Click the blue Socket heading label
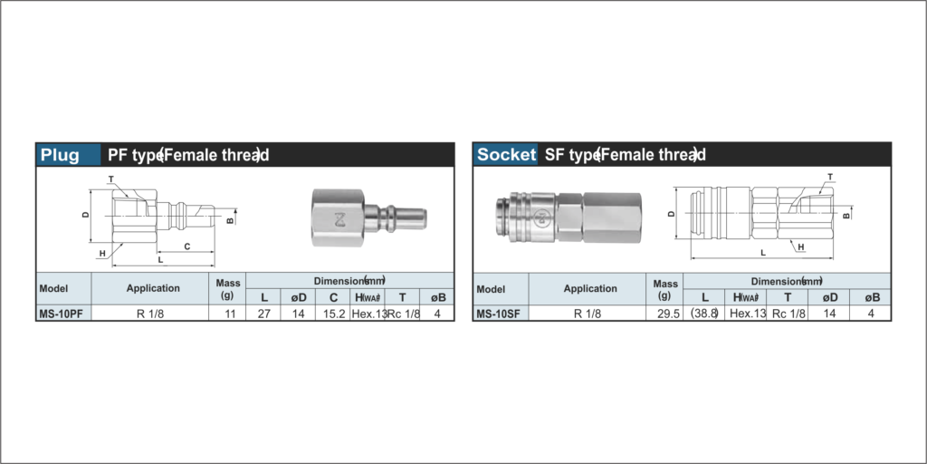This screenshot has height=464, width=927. pyautogui.click(x=506, y=155)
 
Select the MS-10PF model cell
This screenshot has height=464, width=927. pyautogui.click(x=62, y=314)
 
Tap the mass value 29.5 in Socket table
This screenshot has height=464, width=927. pyautogui.click(x=665, y=314)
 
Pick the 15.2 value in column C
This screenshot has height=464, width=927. pyautogui.click(x=333, y=314)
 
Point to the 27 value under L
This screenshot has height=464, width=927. pyautogui.click(x=264, y=314)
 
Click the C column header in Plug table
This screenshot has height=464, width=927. pyautogui.click(x=333, y=297)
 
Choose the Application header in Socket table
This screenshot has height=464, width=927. pyautogui.click(x=589, y=289)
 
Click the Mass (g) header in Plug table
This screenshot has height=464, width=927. pyautogui.click(x=227, y=289)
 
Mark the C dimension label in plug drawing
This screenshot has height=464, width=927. pyautogui.click(x=186, y=246)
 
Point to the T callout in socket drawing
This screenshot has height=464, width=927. pyautogui.click(x=829, y=177)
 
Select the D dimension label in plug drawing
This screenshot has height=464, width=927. pyautogui.click(x=85, y=215)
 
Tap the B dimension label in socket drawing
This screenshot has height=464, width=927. pyautogui.click(x=846, y=216)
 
